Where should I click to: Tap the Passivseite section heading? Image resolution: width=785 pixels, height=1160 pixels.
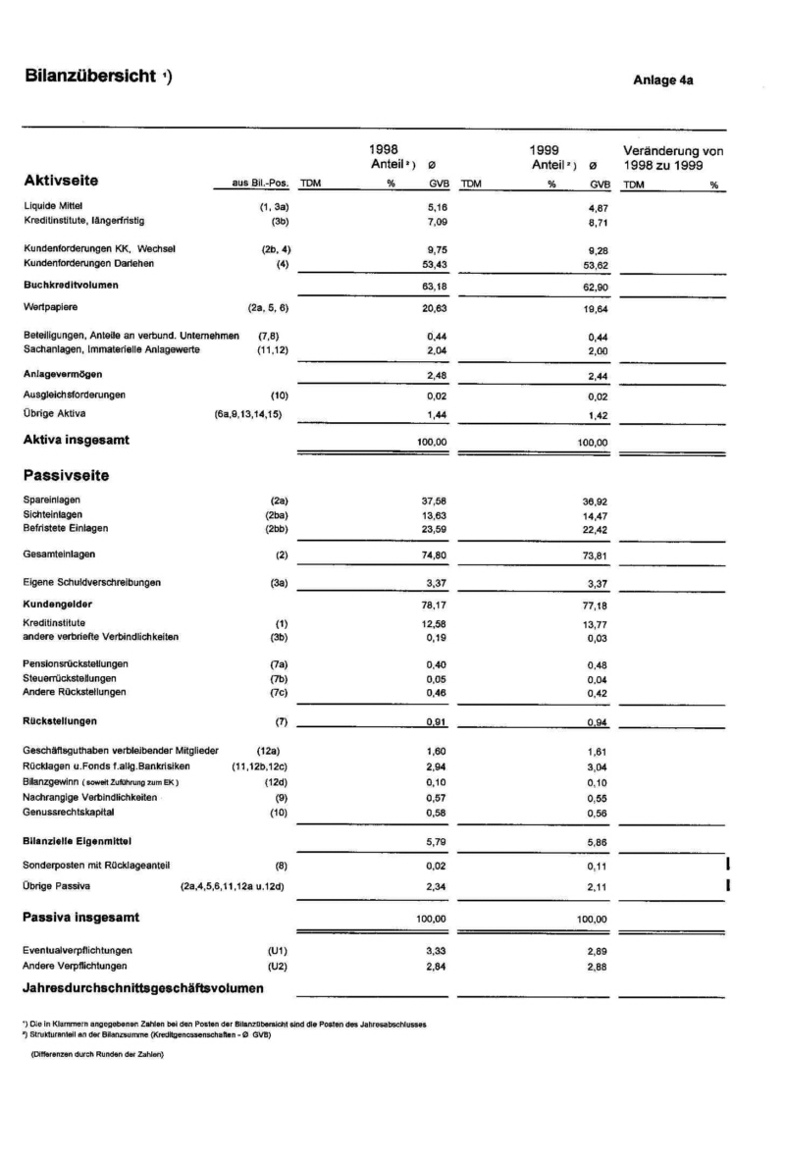pyautogui.click(x=66, y=476)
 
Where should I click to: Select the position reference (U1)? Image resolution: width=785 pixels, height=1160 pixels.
pyautogui.click(x=277, y=950)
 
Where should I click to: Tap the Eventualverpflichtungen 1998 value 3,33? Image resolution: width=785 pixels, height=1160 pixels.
pyautogui.click(x=436, y=952)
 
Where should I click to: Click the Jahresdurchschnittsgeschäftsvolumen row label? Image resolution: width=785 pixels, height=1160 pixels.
pyautogui.click(x=143, y=987)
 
